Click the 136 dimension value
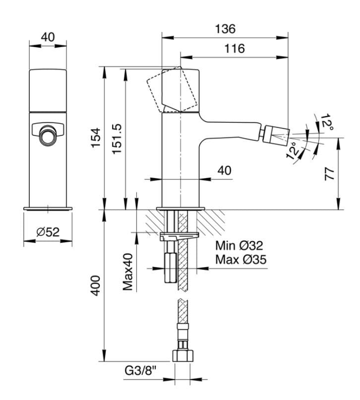tap(225, 29)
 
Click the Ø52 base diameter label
tap(48, 232)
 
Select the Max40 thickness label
tap(128, 273)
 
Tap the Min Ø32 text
tap(239, 245)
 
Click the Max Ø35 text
tap(240, 259)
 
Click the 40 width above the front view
tap(48, 37)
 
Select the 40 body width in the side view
tap(225, 171)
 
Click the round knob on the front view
tap(48, 135)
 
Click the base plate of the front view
tap(48, 208)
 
